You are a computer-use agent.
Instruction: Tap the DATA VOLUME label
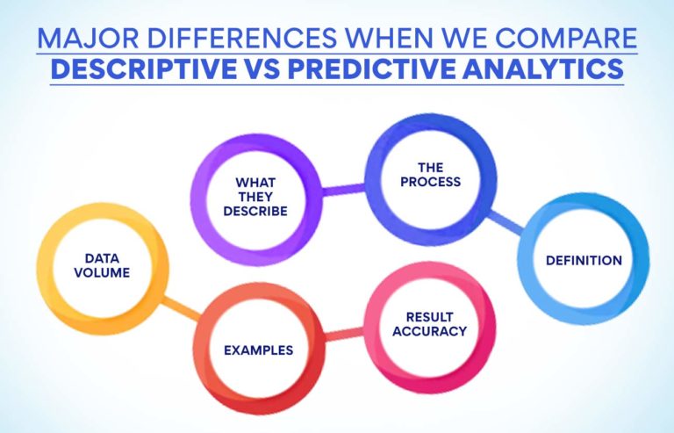(x=107, y=265)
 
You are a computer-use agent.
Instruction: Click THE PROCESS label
(x=426, y=175)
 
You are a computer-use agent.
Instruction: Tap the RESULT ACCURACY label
(x=429, y=324)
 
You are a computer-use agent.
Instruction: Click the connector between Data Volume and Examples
(x=182, y=307)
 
